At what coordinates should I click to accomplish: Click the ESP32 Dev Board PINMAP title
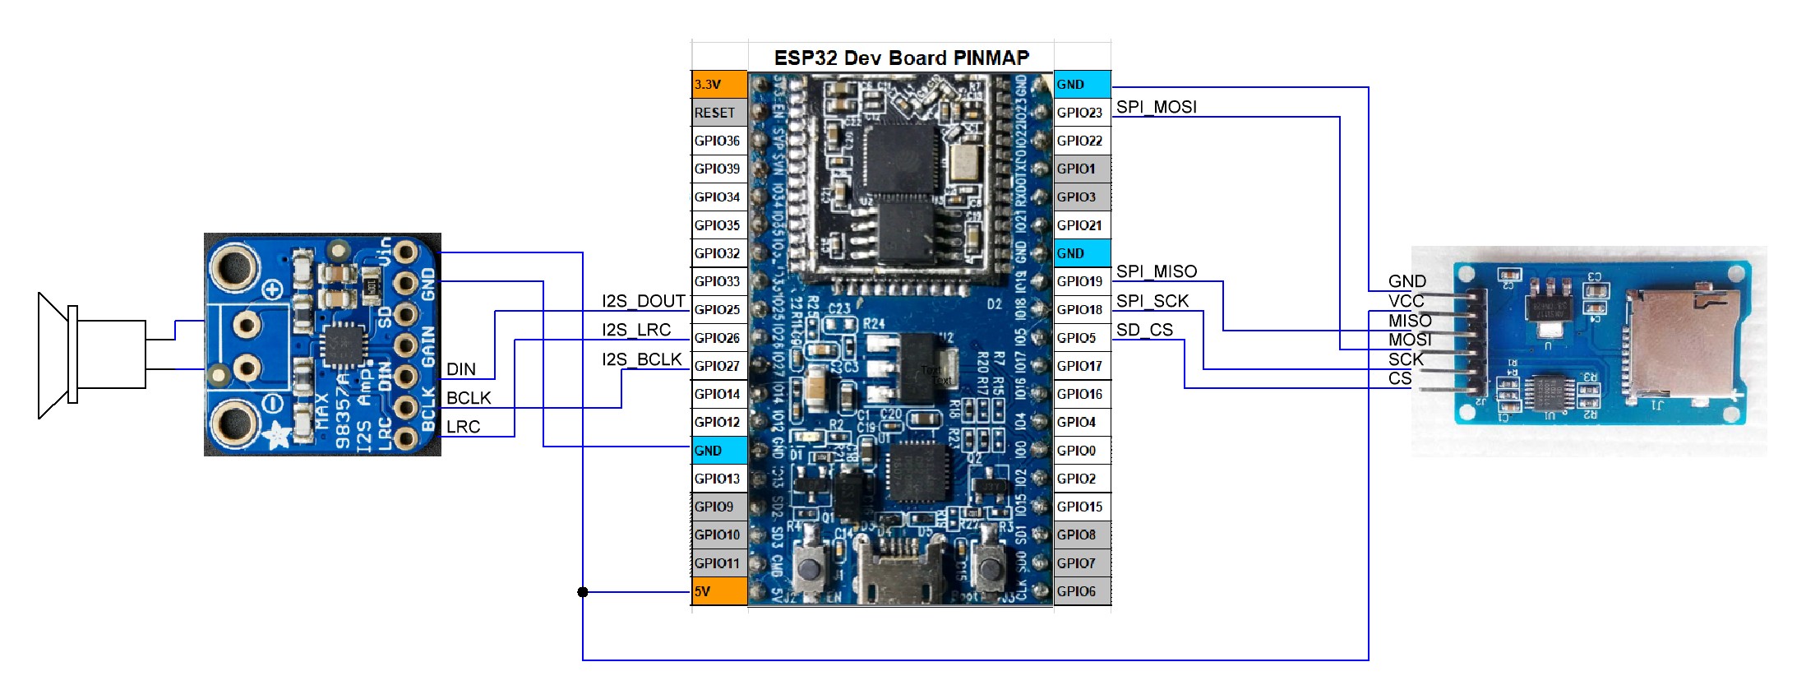coord(901,58)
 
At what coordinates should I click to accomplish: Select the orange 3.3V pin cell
coord(719,85)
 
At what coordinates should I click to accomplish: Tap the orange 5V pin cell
coord(719,591)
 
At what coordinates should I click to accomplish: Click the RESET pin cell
coord(719,113)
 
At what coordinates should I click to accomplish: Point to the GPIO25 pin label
coord(718,310)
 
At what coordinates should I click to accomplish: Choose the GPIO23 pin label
coord(1079,113)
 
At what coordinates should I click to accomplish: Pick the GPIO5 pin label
coord(1077,338)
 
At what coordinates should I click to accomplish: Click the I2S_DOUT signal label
coord(643,301)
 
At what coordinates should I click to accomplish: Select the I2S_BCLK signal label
coord(641,359)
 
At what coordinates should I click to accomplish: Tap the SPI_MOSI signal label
coord(1156,107)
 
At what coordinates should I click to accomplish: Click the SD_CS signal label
coord(1144,330)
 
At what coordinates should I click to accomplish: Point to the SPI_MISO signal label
coord(1156,271)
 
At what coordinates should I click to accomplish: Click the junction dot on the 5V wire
coord(583,592)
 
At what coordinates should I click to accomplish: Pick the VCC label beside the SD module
coord(1406,301)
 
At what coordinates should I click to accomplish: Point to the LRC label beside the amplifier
coord(463,427)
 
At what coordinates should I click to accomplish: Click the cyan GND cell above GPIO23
coord(1082,85)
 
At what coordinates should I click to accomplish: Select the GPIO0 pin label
coord(1077,451)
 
